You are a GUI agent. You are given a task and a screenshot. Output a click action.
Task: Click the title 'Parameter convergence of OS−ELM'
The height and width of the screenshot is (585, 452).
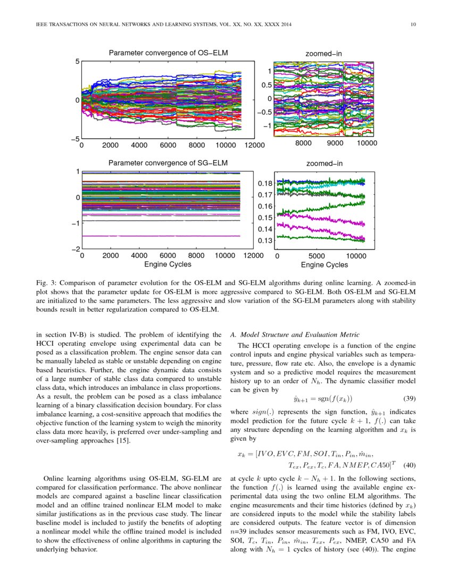tap(168, 53)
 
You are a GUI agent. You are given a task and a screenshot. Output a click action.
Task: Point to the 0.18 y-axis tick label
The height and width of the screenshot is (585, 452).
tap(266, 183)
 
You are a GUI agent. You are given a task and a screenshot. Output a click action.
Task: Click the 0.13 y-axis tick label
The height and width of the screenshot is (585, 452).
tap(266, 241)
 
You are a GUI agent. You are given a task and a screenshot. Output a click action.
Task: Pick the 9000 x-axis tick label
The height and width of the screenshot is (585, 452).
tap(336, 143)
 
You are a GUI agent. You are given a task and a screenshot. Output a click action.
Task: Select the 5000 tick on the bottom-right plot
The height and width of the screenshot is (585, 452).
tap(316, 255)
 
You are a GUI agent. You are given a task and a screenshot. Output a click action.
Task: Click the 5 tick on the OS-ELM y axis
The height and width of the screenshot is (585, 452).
tap(77, 61)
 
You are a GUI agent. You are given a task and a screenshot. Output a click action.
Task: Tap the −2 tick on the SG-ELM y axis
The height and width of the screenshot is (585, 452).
tap(75, 249)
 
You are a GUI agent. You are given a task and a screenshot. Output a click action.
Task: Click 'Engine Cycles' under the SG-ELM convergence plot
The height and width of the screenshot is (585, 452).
tap(168, 264)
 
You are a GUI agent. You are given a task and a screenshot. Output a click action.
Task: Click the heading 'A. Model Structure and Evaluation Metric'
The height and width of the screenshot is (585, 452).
tap(295, 335)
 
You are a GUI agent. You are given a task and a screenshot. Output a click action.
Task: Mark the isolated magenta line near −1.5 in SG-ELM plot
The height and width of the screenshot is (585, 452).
tap(160, 236)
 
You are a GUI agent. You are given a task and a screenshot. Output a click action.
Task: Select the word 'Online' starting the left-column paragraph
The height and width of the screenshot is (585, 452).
tap(55, 478)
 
